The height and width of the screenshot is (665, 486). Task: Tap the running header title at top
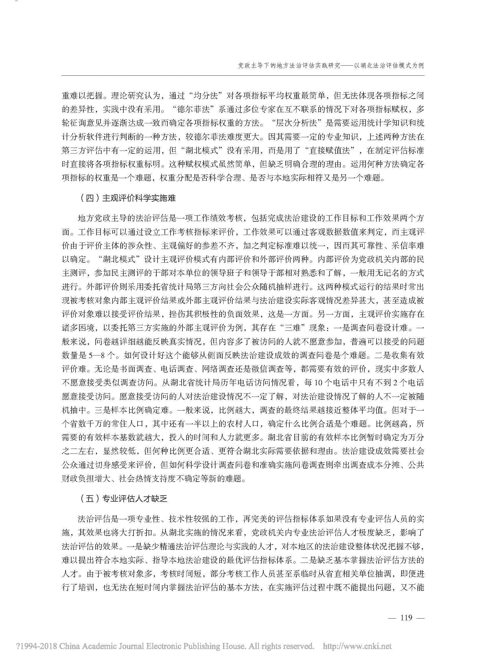pyautogui.click(x=330, y=66)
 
